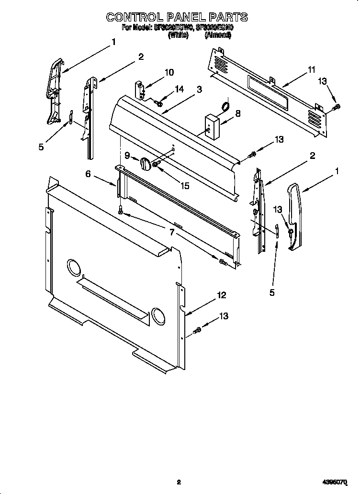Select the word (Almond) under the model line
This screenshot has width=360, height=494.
[218, 35]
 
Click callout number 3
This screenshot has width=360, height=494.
[199, 89]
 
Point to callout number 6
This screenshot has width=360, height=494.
[88, 174]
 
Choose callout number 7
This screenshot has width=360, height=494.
[172, 233]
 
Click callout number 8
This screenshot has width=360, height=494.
[237, 113]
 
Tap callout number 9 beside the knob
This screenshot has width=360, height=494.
[127, 156]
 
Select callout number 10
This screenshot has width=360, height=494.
[169, 73]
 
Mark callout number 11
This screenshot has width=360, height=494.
[312, 70]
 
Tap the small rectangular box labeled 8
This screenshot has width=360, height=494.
[211, 125]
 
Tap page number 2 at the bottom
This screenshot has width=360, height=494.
[178, 483]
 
